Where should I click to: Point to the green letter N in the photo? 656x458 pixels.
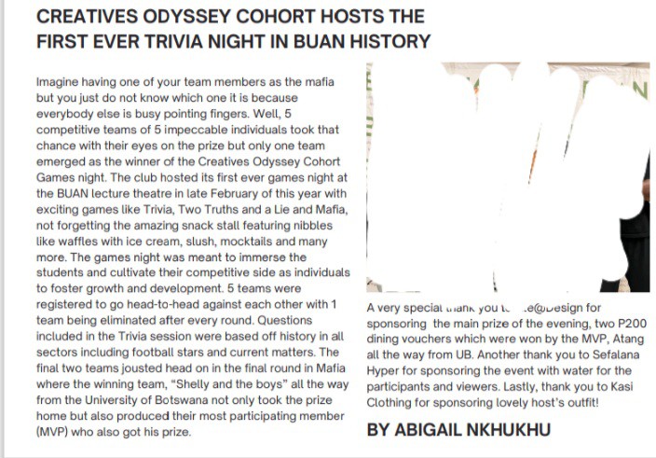pyautogui.click(x=639, y=90)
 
